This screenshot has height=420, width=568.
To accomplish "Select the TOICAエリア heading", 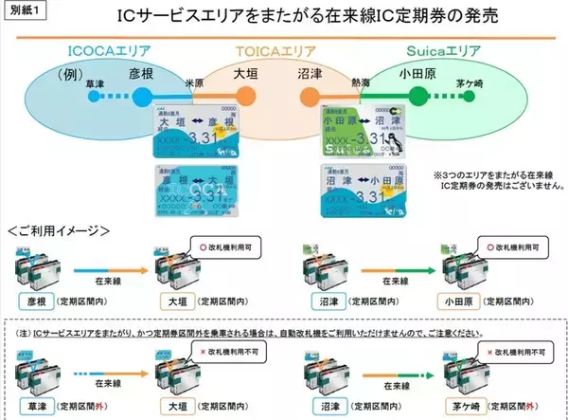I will (283, 49).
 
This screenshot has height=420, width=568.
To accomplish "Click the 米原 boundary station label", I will (194, 83).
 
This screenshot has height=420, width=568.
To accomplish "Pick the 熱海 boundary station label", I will (361, 83).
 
